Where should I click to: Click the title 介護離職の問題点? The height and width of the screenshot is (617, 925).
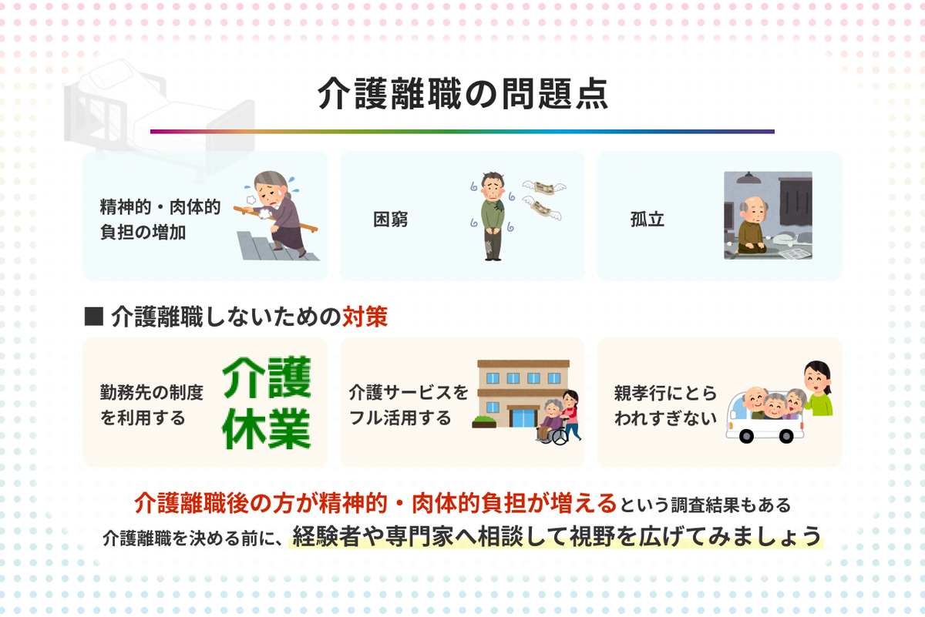(462, 95)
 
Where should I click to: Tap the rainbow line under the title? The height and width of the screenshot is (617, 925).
(462, 132)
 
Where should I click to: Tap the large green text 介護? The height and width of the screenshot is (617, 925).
(267, 375)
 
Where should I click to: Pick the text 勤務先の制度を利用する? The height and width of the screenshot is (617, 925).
(151, 405)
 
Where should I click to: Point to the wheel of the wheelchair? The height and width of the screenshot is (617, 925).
(557, 436)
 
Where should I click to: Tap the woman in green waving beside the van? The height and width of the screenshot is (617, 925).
(818, 390)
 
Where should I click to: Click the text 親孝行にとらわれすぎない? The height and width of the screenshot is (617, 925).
(664, 405)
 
